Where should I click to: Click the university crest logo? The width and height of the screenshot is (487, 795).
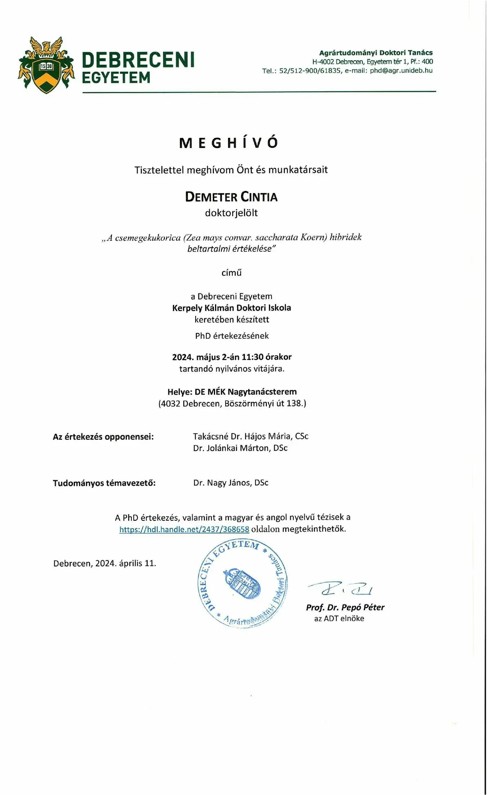tap(47, 65)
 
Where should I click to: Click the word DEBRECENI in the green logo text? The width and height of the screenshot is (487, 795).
tap(138, 60)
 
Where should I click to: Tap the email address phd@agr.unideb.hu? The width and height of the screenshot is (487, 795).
tap(401, 71)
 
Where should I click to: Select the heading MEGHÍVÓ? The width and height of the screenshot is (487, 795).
tap(230, 143)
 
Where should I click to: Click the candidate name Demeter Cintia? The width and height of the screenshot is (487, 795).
tap(231, 197)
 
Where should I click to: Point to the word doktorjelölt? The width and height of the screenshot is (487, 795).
tap(231, 213)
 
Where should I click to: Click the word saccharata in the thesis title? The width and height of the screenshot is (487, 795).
tap(276, 237)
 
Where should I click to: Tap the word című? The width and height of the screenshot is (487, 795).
tap(231, 273)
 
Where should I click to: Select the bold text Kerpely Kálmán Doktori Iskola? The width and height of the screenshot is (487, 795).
tap(231, 308)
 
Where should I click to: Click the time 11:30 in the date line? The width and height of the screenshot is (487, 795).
tap(252, 357)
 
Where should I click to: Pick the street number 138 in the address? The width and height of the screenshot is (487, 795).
tap(294, 403)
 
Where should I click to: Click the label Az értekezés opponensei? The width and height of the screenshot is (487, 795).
tap(103, 437)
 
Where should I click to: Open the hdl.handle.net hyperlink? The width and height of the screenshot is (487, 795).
tap(184, 529)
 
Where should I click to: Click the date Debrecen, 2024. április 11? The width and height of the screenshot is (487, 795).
tap(105, 563)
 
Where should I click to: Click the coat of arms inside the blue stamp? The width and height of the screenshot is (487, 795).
tap(242, 583)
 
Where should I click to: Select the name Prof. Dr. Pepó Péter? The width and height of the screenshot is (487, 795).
tap(345, 608)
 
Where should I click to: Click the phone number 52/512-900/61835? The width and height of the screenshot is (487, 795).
tap(310, 71)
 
